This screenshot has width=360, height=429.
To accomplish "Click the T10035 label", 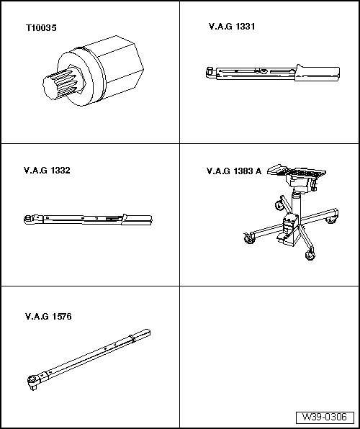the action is click(x=41, y=28).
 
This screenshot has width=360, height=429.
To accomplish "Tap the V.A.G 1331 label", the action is click(x=232, y=27).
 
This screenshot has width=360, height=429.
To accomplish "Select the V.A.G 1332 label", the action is click(x=47, y=171).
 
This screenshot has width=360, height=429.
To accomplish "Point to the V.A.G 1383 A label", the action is click(x=234, y=171).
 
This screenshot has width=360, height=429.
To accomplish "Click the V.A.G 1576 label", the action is click(x=48, y=317).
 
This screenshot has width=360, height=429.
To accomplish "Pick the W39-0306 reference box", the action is click(x=325, y=417).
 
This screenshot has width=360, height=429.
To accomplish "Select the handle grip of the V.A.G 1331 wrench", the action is click(x=318, y=73).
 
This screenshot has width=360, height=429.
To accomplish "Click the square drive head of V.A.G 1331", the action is click(x=210, y=73).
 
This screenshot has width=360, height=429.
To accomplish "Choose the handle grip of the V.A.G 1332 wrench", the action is click(x=138, y=220).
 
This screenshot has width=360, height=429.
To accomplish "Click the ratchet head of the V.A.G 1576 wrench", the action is click(x=33, y=381).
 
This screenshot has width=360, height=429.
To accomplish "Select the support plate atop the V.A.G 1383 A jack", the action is click(x=297, y=172).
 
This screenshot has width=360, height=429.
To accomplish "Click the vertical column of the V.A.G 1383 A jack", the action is click(x=296, y=204).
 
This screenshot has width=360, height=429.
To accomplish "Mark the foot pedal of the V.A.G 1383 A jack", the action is click(x=284, y=237).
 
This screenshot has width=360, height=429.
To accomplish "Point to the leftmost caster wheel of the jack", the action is click(x=248, y=238).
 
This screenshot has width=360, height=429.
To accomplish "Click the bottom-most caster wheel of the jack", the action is click(x=310, y=256).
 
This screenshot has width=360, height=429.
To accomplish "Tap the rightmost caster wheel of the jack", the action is click(x=332, y=220).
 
